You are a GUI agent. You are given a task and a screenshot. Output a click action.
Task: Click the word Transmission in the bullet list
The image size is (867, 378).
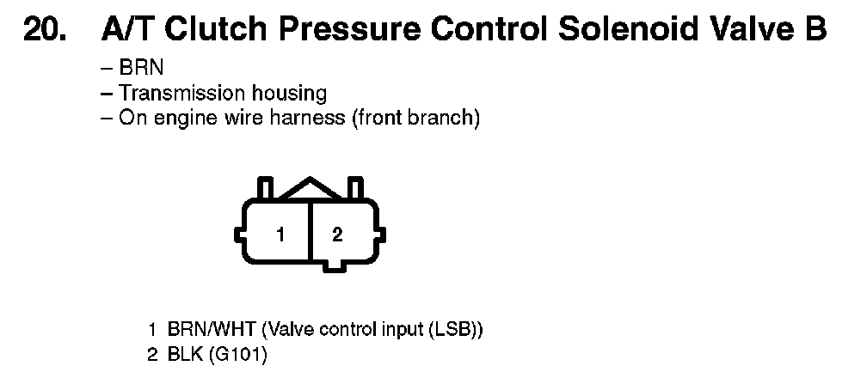pyautogui.click(x=182, y=93)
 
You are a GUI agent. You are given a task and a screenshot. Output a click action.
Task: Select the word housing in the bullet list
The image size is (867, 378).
pyautogui.click(x=290, y=94)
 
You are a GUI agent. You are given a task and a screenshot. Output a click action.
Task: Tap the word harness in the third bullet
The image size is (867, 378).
pyautogui.click(x=307, y=119)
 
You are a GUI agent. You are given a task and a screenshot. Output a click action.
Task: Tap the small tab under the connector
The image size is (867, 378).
pyautogui.click(x=334, y=265)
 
